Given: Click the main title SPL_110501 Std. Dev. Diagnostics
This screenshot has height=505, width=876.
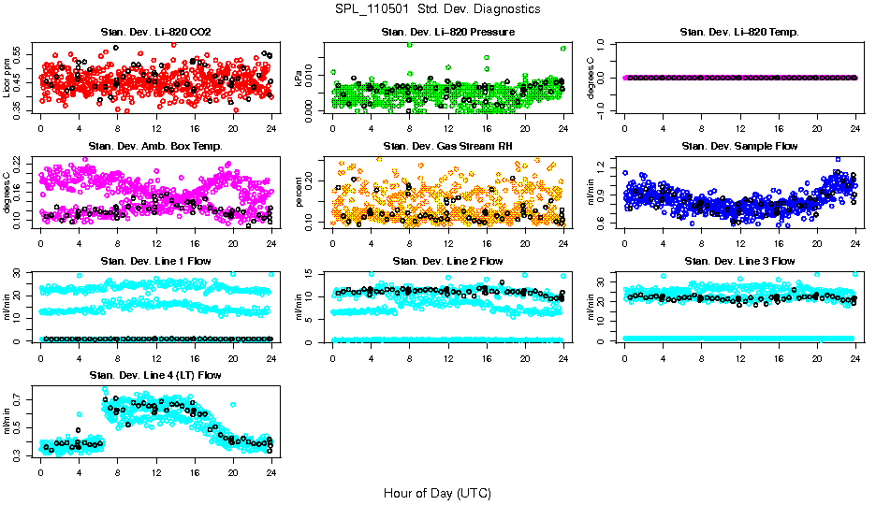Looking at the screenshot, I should [437, 9].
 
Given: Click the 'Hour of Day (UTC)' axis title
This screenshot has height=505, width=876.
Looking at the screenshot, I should [437, 492].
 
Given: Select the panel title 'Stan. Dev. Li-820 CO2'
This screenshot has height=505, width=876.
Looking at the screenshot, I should [155, 33].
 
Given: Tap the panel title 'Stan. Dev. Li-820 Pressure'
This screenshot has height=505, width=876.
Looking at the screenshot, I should [447, 33].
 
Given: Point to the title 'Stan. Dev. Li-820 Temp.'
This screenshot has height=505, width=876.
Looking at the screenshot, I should [739, 33].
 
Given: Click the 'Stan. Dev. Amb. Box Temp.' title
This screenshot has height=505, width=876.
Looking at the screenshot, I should [155, 147].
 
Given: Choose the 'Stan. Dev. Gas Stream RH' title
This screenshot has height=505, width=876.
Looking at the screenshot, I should [447, 147].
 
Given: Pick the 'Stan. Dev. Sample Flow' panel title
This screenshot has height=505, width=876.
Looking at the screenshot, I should [739, 147].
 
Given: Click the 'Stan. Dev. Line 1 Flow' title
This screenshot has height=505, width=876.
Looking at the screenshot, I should [155, 261].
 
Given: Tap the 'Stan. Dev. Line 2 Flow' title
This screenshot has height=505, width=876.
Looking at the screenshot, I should [447, 261].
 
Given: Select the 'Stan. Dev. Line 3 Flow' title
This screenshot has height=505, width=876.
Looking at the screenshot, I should [739, 261].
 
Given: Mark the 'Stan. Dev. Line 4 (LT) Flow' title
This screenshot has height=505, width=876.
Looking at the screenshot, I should [155, 375].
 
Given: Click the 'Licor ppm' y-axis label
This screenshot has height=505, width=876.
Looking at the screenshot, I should [7, 78].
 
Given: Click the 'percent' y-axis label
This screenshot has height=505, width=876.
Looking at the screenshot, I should [299, 192].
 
